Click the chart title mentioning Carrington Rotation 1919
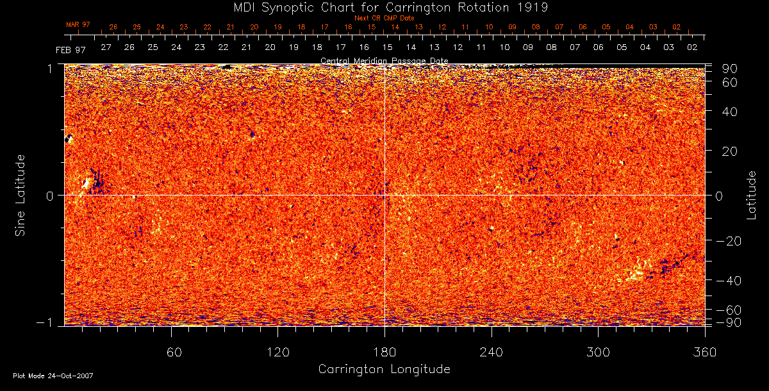tap(384, 7)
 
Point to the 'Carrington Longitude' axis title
tap(384, 369)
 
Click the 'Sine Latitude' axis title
tap(21, 195)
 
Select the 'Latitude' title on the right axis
tap(752, 195)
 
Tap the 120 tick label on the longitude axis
tap(277, 352)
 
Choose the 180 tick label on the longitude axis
tap(384, 352)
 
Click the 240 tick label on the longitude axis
tap(492, 352)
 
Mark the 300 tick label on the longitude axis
tap(598, 352)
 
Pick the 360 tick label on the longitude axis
tap(705, 352)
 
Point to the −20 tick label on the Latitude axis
tap(725, 241)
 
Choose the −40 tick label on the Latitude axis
tap(725, 281)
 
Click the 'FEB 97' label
tap(70, 50)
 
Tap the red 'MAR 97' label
tap(78, 24)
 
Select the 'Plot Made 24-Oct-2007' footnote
tap(53, 376)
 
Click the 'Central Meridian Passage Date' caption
tap(384, 60)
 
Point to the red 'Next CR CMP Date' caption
tap(384, 18)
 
